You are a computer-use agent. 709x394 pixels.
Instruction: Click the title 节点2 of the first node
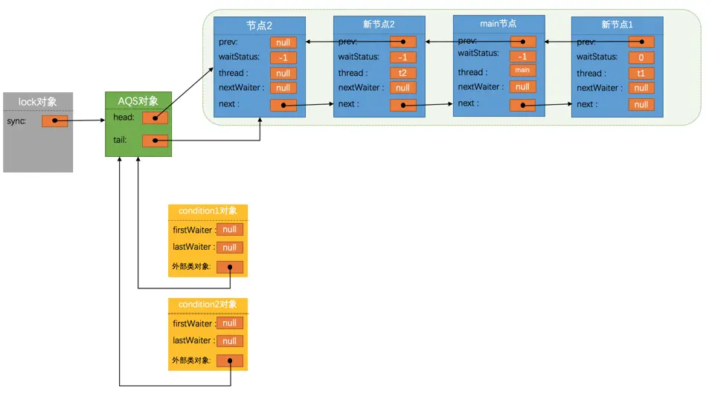pyautogui.click(x=260, y=25)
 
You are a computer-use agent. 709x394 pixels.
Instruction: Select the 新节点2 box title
pyautogui.click(x=378, y=25)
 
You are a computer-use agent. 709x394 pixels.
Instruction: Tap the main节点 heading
pyautogui.click(x=498, y=24)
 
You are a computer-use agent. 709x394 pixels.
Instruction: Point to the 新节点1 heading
pyautogui.click(x=617, y=25)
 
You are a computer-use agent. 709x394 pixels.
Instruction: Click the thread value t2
pyautogui.click(x=402, y=73)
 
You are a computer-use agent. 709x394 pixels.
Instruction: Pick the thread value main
pyautogui.click(x=522, y=71)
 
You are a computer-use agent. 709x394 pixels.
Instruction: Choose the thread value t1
pyautogui.click(x=641, y=73)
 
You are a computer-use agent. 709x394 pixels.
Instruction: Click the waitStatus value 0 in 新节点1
pyautogui.click(x=641, y=57)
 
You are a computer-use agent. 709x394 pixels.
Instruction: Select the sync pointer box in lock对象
pyautogui.click(x=54, y=120)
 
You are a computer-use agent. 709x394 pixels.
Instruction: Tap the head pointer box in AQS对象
pyautogui.click(x=155, y=117)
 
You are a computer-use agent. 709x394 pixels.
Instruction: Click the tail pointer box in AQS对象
pyautogui.click(x=155, y=140)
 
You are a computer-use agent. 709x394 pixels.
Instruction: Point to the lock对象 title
pyautogui.click(x=37, y=101)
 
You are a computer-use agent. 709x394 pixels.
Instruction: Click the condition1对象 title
pyautogui.click(x=208, y=211)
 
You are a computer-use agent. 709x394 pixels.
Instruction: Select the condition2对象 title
pyautogui.click(x=208, y=304)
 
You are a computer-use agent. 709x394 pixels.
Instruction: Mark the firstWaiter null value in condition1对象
pyautogui.click(x=229, y=230)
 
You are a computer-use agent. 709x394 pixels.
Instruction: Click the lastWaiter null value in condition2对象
pyautogui.click(x=229, y=340)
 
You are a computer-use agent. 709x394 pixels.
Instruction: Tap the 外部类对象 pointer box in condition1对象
pyautogui.click(x=229, y=267)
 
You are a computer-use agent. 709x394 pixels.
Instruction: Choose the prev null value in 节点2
pyautogui.click(x=283, y=42)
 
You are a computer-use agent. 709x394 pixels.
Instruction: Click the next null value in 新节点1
pyautogui.click(x=641, y=105)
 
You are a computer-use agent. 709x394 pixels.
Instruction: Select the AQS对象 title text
pyautogui.click(x=139, y=101)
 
